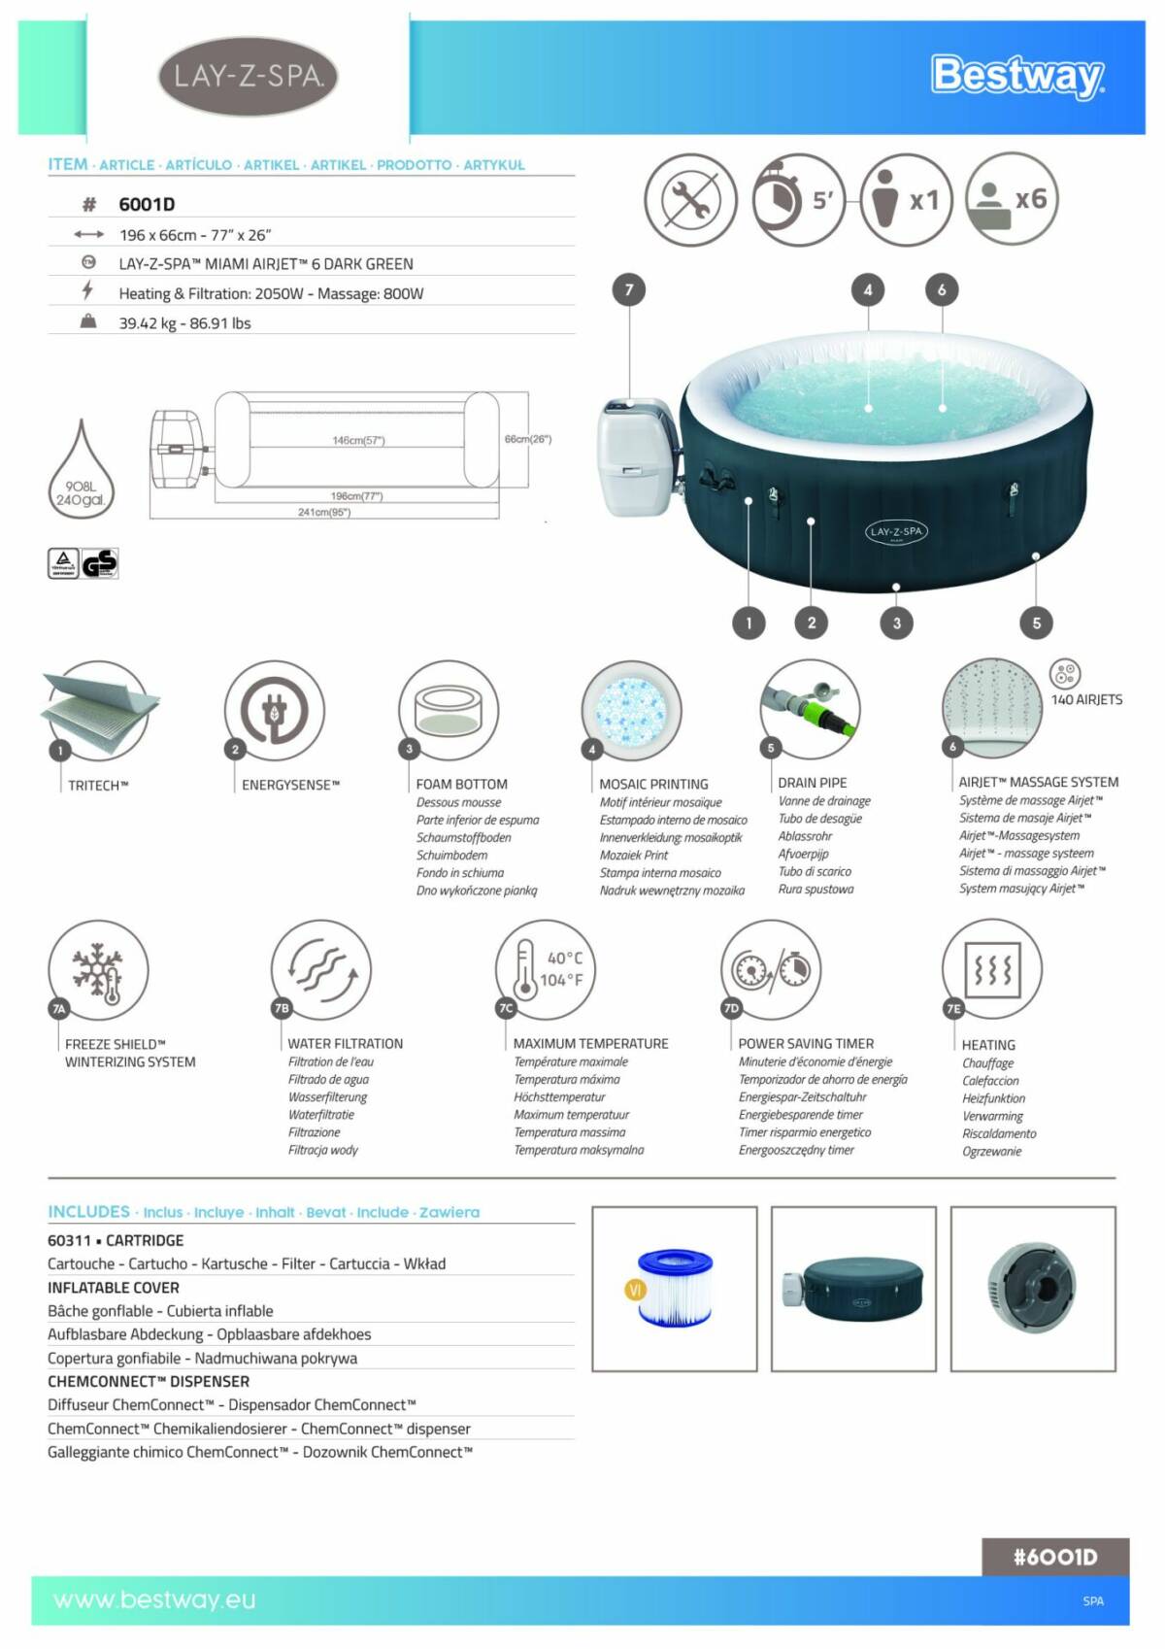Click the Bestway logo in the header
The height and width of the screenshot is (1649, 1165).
coord(1016,76)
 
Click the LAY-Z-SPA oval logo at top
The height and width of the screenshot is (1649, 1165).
coord(249,76)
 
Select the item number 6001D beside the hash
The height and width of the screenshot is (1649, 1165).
coord(147,204)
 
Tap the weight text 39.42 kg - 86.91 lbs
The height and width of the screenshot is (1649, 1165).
coord(184,323)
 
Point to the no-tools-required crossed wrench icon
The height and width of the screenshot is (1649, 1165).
coord(690,200)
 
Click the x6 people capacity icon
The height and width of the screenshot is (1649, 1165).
coord(1011,199)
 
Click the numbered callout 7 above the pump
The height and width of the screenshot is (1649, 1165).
coord(629,289)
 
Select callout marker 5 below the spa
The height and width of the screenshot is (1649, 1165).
coord(1036,623)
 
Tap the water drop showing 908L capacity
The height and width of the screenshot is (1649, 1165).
coord(82,476)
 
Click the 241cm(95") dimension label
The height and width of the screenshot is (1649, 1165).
coord(323,512)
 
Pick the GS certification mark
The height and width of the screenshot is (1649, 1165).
coord(99,563)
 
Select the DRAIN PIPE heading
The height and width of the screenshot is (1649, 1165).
coord(812,783)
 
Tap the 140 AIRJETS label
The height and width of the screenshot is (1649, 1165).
coord(1086,699)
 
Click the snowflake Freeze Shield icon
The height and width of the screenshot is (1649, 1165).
coord(98,970)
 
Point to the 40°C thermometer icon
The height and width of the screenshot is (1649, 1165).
coord(546,968)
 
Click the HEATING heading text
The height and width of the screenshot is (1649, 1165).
coord(988,1045)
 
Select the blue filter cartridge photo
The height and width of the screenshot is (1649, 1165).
coord(674,1289)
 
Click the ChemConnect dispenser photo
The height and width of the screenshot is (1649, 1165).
coord(1032,1289)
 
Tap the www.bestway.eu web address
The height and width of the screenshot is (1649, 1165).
coord(154,1599)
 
